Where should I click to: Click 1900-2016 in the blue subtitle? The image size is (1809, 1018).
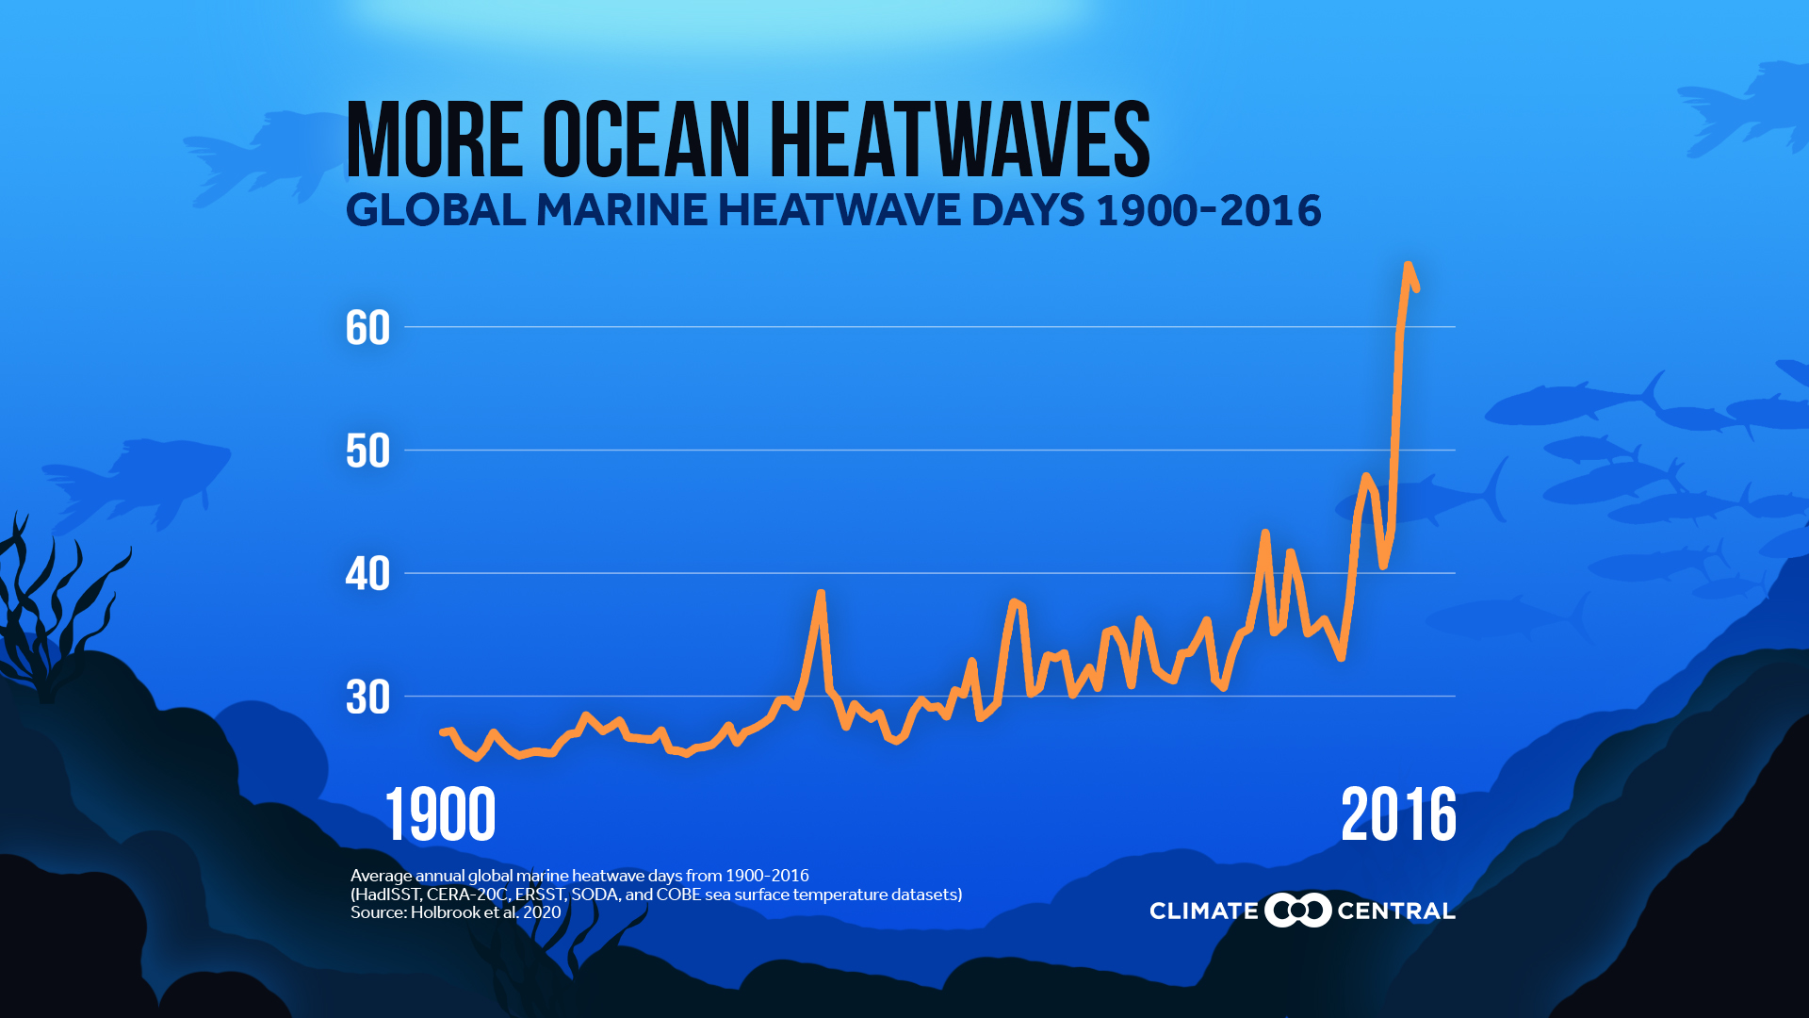(x=1209, y=210)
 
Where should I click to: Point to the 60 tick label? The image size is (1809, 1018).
(x=367, y=328)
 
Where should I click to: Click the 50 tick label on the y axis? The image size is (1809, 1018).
(x=367, y=452)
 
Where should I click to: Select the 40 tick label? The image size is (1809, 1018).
(x=367, y=574)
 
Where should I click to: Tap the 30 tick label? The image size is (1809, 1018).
(x=367, y=698)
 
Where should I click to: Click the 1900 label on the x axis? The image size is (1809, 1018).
(x=440, y=815)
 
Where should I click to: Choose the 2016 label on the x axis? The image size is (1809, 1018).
(x=1398, y=815)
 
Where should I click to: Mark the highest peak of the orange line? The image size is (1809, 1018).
(x=1408, y=267)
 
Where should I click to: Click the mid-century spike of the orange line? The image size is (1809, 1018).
(x=821, y=594)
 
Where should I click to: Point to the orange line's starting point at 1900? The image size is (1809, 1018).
(x=444, y=732)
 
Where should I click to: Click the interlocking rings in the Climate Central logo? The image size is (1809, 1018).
(x=1297, y=911)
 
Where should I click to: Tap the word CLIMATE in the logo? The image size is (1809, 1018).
(x=1203, y=911)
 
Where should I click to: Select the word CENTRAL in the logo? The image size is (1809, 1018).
(x=1395, y=911)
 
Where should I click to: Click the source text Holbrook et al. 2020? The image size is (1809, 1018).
(x=485, y=912)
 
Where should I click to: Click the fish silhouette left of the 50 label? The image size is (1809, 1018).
(x=141, y=481)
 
